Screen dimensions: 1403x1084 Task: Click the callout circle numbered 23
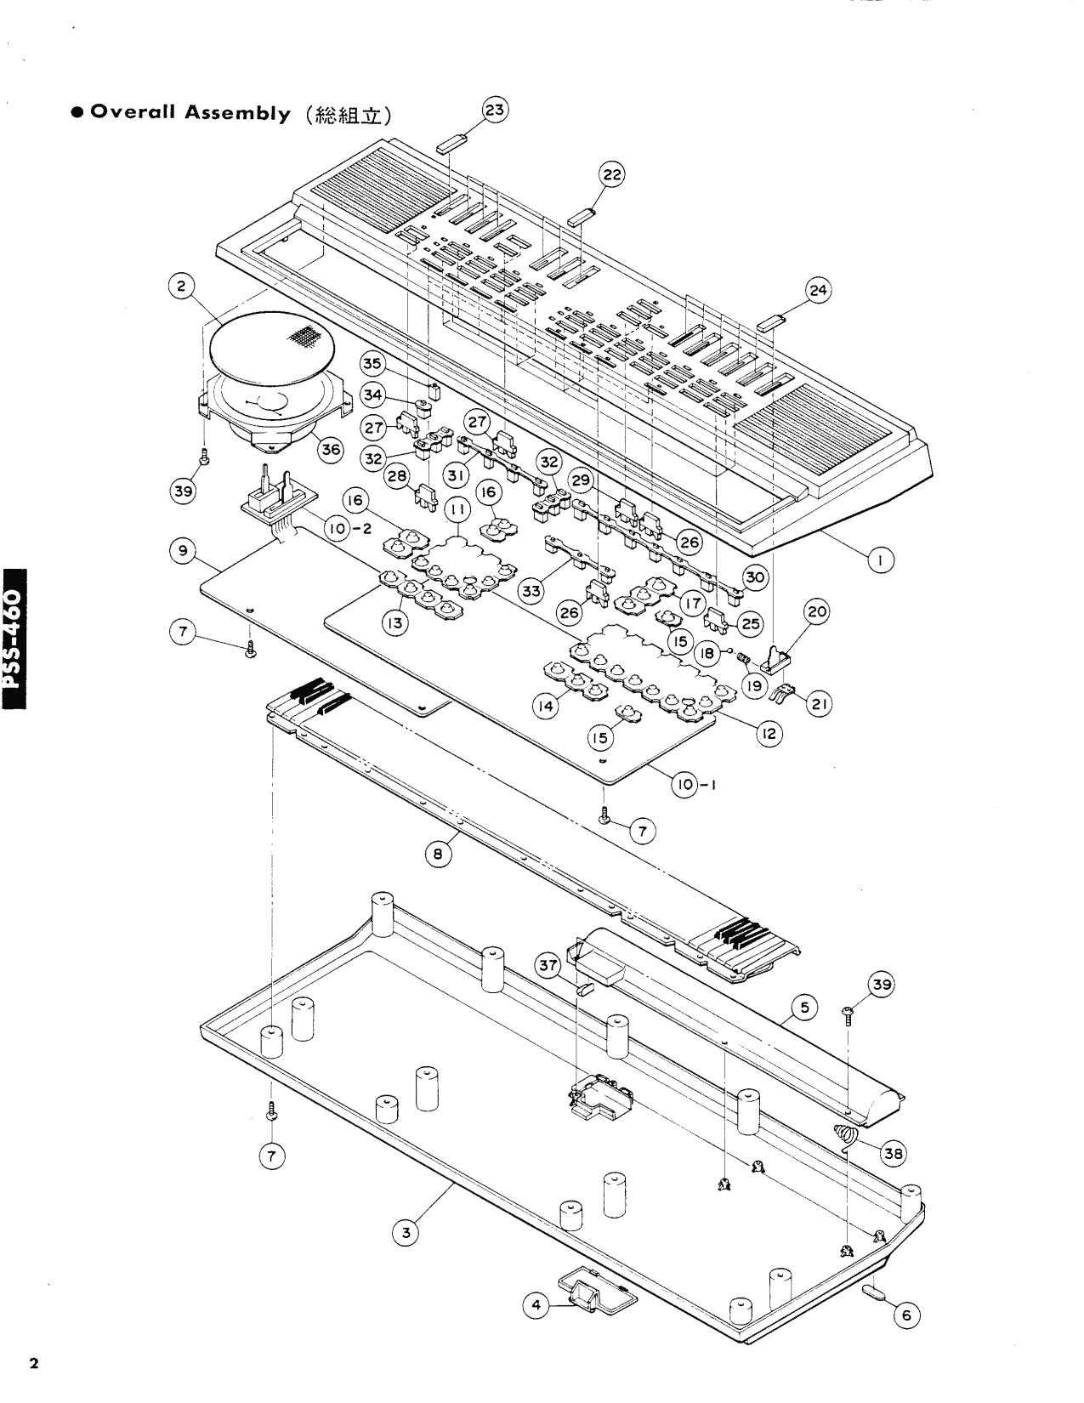tap(495, 111)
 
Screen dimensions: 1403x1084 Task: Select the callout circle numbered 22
tap(612, 176)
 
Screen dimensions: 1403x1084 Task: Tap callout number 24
tap(818, 292)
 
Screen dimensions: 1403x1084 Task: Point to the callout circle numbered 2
tap(180, 287)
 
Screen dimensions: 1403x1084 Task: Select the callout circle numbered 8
tap(438, 856)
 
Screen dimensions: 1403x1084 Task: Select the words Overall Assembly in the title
tap(190, 114)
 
